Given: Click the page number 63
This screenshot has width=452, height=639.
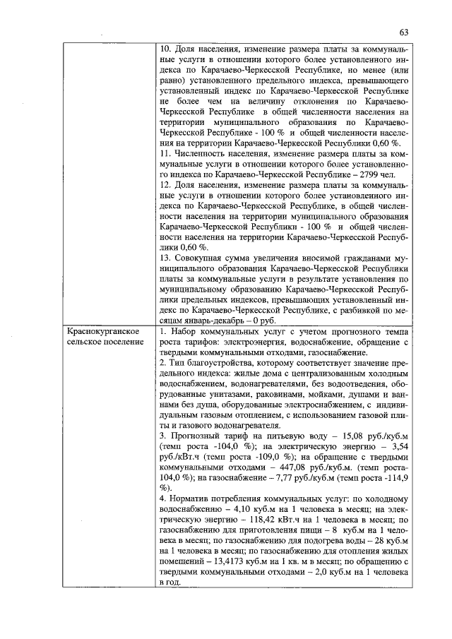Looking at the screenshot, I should (x=404, y=32).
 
